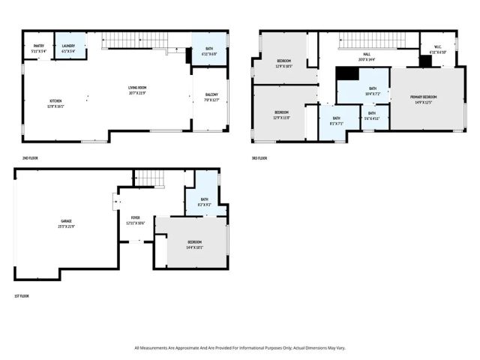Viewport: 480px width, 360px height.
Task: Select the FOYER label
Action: click(136, 220)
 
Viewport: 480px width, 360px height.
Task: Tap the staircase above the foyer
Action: click(148, 177)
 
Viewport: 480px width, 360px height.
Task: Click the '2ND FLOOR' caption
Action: click(31, 158)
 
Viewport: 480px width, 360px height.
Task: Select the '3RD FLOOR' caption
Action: click(259, 158)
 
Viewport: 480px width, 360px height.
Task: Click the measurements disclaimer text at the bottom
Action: click(240, 348)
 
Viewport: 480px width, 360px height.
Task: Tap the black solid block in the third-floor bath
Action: click(346, 73)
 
